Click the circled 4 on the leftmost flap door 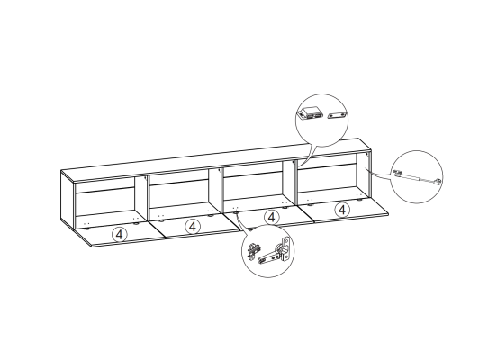pos(120,235)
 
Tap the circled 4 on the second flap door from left pos(193,227)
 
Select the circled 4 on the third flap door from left pos(272,218)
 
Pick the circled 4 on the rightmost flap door pos(342,210)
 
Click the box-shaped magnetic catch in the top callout pos(310,113)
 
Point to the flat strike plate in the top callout pos(337,115)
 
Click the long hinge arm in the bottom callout pos(270,256)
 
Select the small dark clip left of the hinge pos(253,251)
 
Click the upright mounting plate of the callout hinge pos(285,249)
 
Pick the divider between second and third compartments pos(216,189)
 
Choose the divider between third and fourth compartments pos(290,182)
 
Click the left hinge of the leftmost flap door pos(87,227)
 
